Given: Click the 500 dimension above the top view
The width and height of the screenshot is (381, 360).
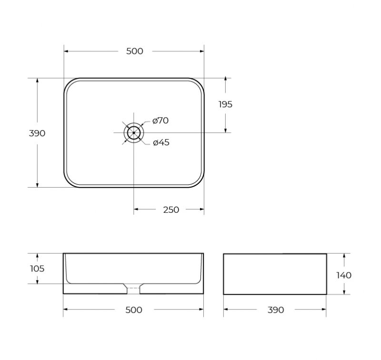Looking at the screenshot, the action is (135, 51).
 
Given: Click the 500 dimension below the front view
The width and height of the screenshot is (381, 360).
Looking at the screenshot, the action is (134, 310).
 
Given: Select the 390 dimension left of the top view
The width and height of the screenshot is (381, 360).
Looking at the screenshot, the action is (37, 133).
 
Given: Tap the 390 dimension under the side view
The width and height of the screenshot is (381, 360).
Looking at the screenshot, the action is (276, 310).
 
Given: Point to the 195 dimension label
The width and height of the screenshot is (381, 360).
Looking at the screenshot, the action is (225, 104).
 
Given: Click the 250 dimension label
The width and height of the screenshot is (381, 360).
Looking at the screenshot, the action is (171, 210).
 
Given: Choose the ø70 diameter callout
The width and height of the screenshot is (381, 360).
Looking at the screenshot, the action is (160, 120).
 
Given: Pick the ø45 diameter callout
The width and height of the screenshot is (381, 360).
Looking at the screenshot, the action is (161, 142).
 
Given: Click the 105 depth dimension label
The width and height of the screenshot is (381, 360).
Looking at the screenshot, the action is (37, 269).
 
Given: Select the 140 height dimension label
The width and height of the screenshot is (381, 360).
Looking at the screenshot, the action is (344, 275).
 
